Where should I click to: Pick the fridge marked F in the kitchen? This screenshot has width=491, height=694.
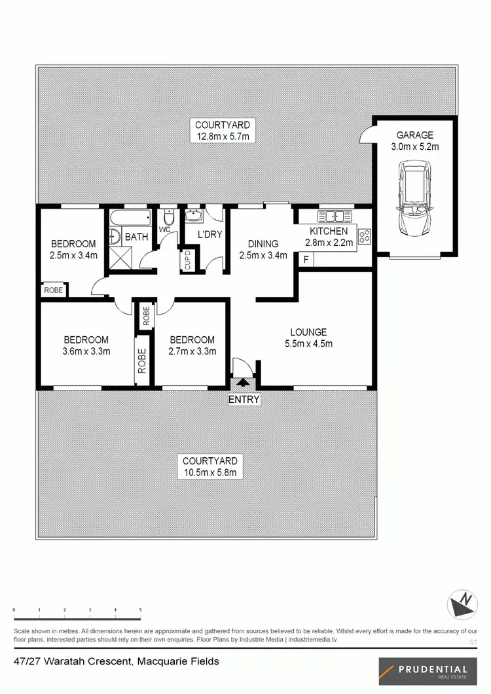click(x=305, y=260)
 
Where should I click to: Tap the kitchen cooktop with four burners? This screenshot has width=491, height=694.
click(x=365, y=235)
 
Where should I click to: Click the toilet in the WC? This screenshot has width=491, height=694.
click(x=167, y=216)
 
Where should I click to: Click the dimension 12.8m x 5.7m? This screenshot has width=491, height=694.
click(x=224, y=137)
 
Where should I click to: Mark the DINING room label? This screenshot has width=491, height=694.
click(x=263, y=244)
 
